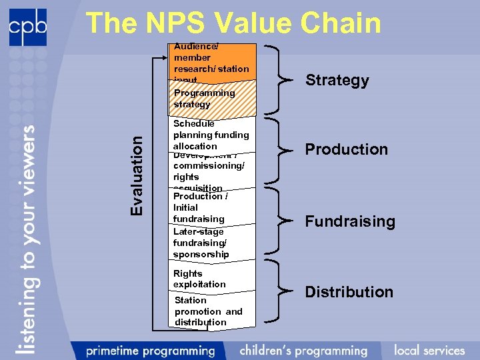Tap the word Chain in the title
click(341, 23)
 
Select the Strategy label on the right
click(337, 81)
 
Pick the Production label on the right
click(346, 149)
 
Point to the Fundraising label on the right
click(350, 221)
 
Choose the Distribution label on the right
click(349, 292)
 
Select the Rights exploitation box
click(199, 279)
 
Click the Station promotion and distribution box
click(208, 311)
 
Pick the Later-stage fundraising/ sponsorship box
click(201, 243)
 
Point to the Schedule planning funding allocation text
click(210, 135)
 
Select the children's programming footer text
click(303, 350)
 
